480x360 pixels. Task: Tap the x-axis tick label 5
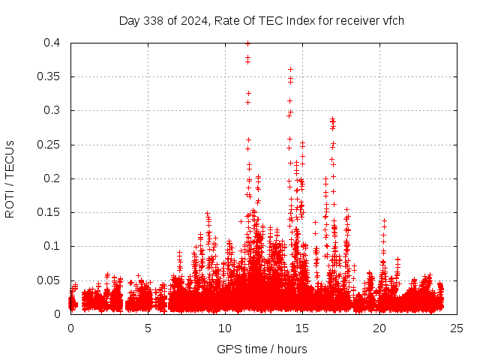[148, 328]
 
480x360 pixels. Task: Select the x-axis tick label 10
[225, 328]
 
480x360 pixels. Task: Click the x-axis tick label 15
[302, 328]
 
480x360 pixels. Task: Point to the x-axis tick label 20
[379, 328]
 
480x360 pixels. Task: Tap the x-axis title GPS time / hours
[262, 349]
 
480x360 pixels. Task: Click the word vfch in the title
[393, 20]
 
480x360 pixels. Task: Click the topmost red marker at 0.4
[248, 43]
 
